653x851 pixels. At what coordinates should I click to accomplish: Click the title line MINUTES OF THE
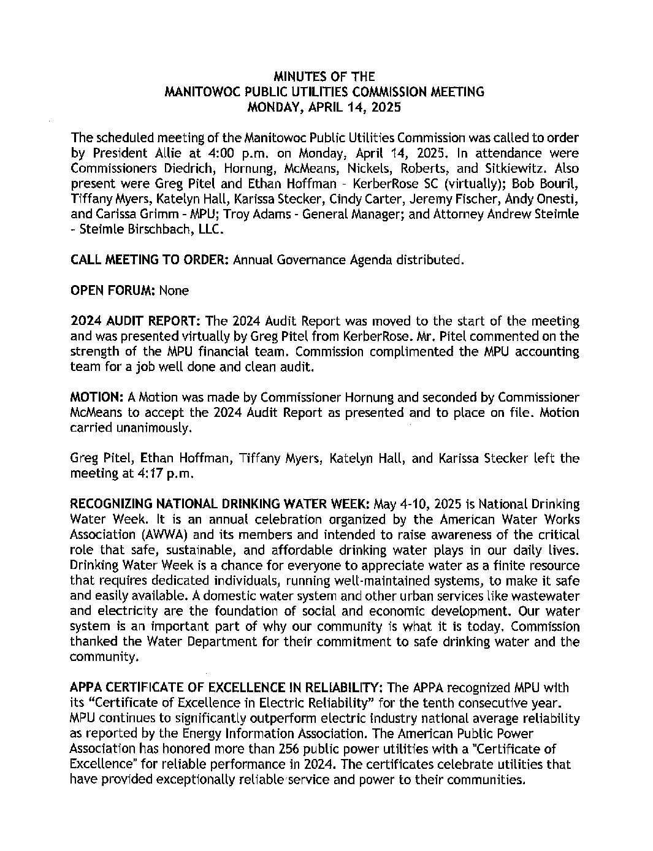click(x=324, y=77)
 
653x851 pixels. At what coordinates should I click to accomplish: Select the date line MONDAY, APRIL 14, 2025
click(x=324, y=107)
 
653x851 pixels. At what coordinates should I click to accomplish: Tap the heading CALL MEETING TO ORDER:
click(x=150, y=259)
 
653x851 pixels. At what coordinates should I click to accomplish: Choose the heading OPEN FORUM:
click(x=113, y=290)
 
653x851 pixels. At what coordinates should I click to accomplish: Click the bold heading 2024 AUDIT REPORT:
click(x=136, y=321)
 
